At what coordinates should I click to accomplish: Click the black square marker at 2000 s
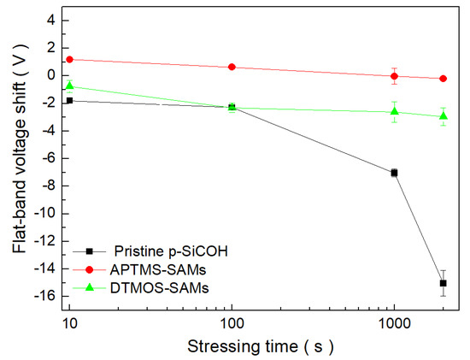pyautogui.click(x=443, y=283)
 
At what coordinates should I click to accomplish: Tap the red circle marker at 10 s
pyautogui.click(x=69, y=59)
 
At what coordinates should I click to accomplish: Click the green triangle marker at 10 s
pyautogui.click(x=69, y=86)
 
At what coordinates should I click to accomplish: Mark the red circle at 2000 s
pyautogui.click(x=443, y=79)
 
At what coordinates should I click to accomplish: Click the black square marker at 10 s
pyautogui.click(x=69, y=100)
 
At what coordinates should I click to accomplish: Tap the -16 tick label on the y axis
pyautogui.click(x=44, y=296)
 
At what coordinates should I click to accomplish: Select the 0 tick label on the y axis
pyautogui.click(x=50, y=75)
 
